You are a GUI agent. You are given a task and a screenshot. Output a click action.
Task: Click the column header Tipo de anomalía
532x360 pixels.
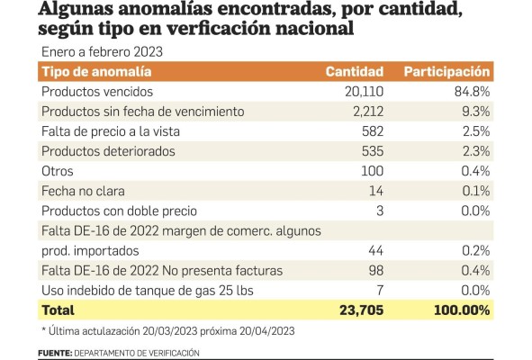[95, 71]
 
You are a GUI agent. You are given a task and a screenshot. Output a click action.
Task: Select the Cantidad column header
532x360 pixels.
[355, 71]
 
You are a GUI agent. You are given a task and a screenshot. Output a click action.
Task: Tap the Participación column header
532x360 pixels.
[446, 71]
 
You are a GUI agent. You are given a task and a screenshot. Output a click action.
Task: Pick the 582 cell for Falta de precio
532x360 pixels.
[372, 131]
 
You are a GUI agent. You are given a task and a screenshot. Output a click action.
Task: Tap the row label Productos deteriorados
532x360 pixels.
[106, 151]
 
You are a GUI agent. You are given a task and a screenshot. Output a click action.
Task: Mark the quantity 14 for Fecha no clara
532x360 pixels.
[377, 191]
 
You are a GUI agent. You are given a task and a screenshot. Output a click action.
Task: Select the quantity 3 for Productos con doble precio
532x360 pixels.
[381, 211]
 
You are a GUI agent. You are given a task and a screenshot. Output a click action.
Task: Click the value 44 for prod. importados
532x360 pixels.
[376, 250]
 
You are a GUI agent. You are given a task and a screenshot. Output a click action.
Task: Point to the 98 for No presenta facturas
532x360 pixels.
[376, 271]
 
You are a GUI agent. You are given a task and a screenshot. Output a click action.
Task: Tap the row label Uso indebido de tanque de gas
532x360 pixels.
[135, 291]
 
